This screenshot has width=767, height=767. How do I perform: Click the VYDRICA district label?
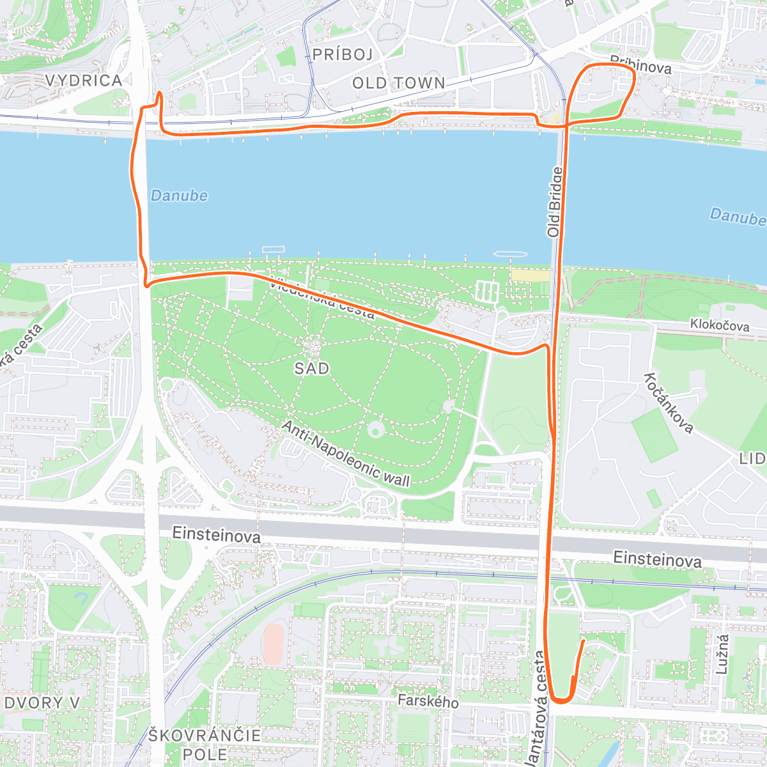point(83,81)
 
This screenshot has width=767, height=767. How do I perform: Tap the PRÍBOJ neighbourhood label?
point(343,55)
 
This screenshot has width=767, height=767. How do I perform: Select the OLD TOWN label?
point(399,83)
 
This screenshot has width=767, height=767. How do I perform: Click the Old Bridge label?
point(555,202)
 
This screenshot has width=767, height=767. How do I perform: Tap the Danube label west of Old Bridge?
point(179,196)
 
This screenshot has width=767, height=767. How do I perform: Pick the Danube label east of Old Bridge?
point(738,217)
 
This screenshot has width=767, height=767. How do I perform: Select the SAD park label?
point(312,368)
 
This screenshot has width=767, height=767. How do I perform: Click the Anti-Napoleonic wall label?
point(346,454)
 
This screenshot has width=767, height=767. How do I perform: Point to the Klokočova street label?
point(720,325)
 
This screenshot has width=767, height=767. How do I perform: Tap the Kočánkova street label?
point(669,403)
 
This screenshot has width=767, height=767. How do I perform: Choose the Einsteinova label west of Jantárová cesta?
point(217,535)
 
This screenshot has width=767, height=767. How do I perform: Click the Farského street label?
point(428,701)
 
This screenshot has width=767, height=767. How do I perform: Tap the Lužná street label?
point(722,654)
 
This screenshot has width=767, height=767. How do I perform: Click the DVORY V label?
point(42,703)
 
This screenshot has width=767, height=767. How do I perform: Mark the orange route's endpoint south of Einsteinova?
point(583,639)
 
